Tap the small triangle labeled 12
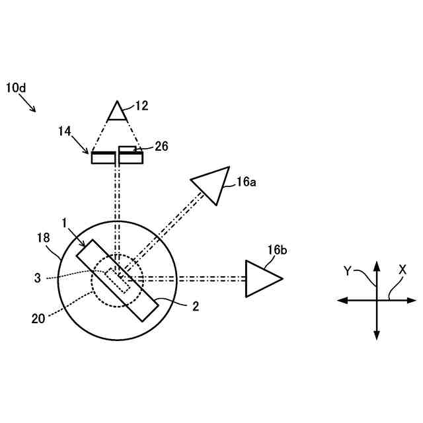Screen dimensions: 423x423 pyautogui.click(x=117, y=112)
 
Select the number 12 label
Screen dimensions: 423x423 pyautogui.click(x=141, y=105)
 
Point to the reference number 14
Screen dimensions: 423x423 pyautogui.click(x=65, y=132)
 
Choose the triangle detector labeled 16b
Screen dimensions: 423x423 pyautogui.click(x=261, y=278)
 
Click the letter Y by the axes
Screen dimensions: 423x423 pyautogui.click(x=348, y=270)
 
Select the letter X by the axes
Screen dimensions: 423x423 pyautogui.click(x=402, y=270)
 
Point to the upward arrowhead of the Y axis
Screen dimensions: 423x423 pyautogui.click(x=377, y=265)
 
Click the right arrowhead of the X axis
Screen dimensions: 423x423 pyautogui.click(x=411, y=300)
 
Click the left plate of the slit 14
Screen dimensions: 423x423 pyautogui.click(x=102, y=157)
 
